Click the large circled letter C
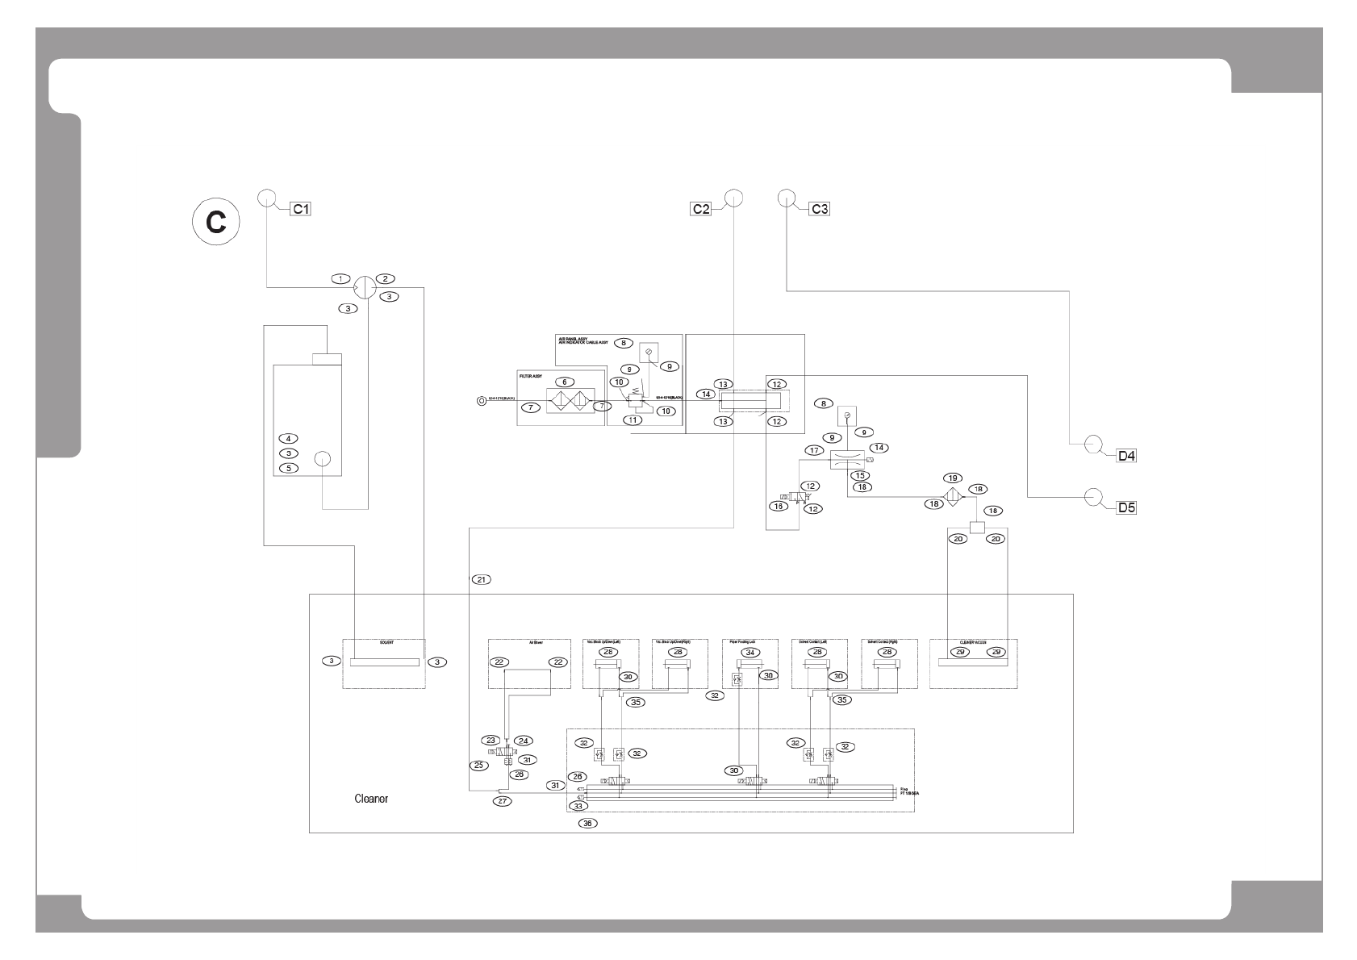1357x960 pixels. [215, 222]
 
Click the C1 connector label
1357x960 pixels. [301, 209]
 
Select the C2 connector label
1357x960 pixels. [700, 209]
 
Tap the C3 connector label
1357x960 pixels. [819, 209]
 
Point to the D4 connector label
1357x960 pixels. [1126, 456]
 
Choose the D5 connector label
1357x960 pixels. [1126, 508]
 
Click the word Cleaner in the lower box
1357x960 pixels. [371, 799]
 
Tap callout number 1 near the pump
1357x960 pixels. [341, 279]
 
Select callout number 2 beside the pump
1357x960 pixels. [388, 279]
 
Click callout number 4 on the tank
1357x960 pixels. [287, 438]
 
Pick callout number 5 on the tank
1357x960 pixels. [287, 468]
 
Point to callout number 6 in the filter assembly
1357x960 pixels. [564, 382]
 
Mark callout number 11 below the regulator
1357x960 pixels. [633, 419]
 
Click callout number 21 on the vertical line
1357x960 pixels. [481, 579]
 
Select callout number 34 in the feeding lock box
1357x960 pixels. [750, 652]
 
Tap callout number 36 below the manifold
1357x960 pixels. [588, 824]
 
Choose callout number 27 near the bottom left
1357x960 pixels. [503, 801]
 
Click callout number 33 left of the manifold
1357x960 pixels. [578, 805]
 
